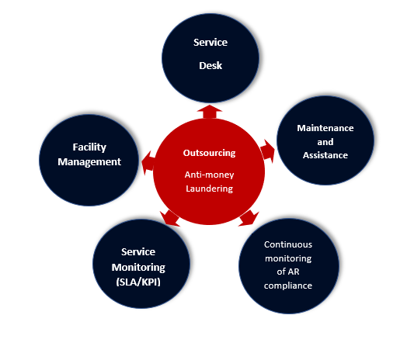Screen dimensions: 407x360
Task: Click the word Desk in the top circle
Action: click(210, 66)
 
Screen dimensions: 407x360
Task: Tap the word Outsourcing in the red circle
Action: click(209, 153)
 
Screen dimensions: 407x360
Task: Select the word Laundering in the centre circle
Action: click(209, 189)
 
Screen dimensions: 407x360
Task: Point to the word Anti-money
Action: click(209, 175)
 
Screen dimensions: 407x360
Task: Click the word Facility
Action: click(89, 147)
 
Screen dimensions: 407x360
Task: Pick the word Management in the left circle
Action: click(89, 162)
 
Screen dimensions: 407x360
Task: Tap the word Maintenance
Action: click(325, 128)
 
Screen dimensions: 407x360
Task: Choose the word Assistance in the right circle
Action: click(325, 155)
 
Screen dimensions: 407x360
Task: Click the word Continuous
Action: click(288, 244)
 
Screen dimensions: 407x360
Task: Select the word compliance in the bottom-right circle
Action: click(288, 286)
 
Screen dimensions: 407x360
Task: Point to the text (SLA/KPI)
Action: click(138, 282)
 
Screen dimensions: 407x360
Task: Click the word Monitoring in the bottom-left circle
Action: click(138, 268)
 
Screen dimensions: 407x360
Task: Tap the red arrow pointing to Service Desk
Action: click(210, 112)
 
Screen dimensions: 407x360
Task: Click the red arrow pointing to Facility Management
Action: click(148, 163)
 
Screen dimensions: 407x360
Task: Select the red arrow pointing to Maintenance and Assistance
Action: click(268, 151)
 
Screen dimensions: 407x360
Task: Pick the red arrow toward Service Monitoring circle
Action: click(170, 218)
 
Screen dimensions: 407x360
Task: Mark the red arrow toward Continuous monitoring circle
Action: click(249, 218)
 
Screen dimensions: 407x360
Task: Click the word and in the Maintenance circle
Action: click(325, 142)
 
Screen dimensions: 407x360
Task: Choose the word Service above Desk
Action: click(210, 43)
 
